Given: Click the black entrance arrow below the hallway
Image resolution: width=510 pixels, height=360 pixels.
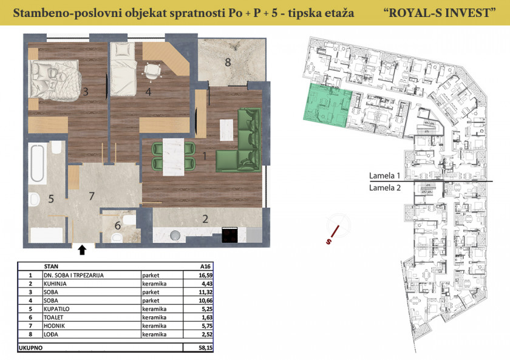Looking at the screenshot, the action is [83, 250].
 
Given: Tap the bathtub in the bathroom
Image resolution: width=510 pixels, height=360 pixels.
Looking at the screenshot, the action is [37, 163].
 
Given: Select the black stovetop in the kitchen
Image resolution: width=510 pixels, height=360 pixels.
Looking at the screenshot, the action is [230, 235].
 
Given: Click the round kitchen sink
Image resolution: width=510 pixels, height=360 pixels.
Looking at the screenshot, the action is [175, 236].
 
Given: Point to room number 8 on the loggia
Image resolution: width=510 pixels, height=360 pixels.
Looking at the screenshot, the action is [228, 62].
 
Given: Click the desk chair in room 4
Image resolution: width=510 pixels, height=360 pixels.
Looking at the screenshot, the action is [152, 70].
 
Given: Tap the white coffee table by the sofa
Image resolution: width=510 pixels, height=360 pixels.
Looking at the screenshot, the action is [226, 130].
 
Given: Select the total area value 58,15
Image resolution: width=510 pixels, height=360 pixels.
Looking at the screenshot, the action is [206, 348].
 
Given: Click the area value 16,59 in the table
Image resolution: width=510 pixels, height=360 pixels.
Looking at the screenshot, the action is [206, 275].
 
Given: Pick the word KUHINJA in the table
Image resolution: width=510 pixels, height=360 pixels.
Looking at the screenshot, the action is [55, 284].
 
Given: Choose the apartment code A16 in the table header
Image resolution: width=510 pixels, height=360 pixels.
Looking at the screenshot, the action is [205, 267].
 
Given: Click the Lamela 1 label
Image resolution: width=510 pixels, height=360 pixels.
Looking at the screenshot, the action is [384, 175].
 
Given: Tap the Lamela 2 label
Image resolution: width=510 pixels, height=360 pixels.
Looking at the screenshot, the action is [385, 188].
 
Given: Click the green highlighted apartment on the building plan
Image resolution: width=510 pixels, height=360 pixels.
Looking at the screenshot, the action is [327, 104].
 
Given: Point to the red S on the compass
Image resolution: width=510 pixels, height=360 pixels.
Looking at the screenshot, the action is [328, 242].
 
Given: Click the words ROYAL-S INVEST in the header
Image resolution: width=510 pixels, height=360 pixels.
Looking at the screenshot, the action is [440, 13].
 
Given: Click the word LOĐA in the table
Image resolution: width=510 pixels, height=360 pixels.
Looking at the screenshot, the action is [51, 335].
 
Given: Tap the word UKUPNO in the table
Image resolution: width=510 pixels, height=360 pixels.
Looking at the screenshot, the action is [30, 348].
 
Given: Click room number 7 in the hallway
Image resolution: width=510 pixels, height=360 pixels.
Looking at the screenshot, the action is [92, 196].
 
